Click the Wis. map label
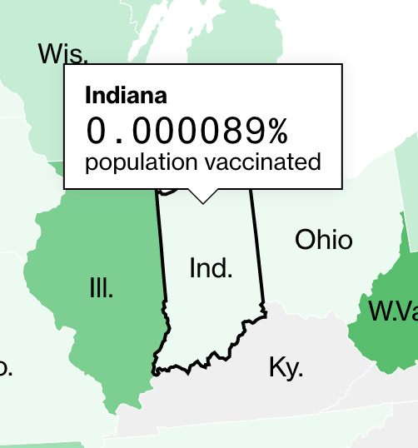(x=62, y=54)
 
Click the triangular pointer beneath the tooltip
(x=202, y=197)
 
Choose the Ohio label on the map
(x=324, y=241)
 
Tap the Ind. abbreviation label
(x=211, y=268)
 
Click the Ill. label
(x=101, y=289)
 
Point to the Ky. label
(x=286, y=366)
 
